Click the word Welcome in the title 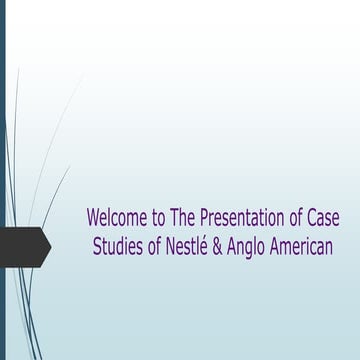pyautogui.click(x=113, y=217)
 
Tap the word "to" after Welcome pyautogui.click(x=153, y=217)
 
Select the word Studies pyautogui.click(x=118, y=245)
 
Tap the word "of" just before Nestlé pyautogui.click(x=157, y=245)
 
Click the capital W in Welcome pyautogui.click(x=94, y=217)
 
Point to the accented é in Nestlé pyautogui.click(x=213, y=245)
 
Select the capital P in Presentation pyautogui.click(x=206, y=217)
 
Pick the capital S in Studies pyautogui.click(x=97, y=245)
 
